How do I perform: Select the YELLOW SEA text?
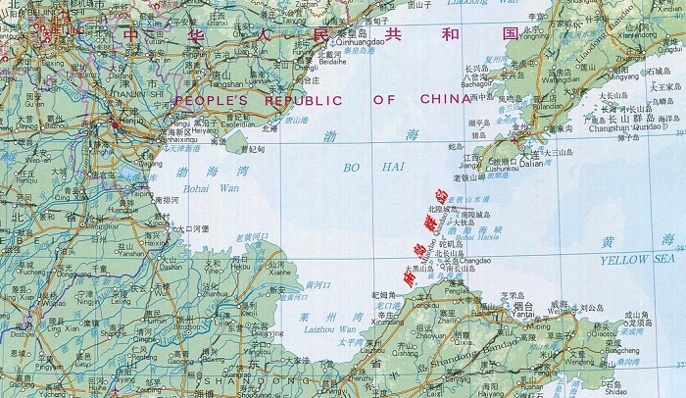click(x=638, y=259)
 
